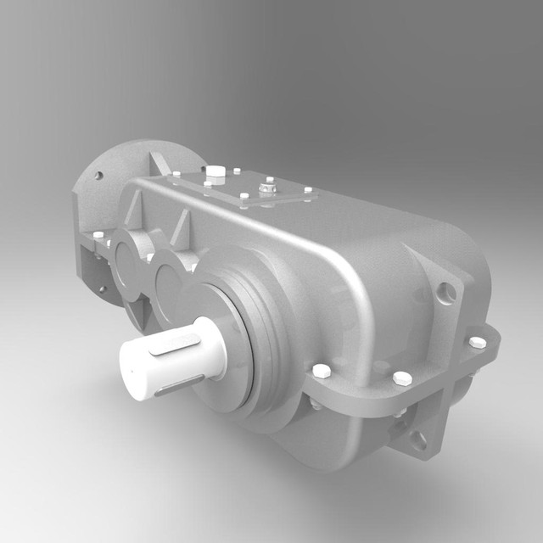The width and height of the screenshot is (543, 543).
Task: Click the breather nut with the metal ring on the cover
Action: pyautogui.click(x=269, y=186)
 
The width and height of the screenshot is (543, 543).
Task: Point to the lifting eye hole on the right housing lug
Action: pyautogui.click(x=447, y=293)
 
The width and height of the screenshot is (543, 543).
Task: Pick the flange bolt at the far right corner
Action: pyautogui.click(x=478, y=342)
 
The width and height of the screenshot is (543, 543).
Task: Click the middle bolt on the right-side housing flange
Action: pyautogui.click(x=403, y=378)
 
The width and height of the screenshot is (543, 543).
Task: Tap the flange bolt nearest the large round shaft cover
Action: pyautogui.click(x=321, y=372)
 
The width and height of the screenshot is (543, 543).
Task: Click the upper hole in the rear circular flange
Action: pyautogui.click(x=98, y=176)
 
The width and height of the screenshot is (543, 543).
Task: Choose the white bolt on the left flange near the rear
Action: pyautogui.click(x=98, y=234)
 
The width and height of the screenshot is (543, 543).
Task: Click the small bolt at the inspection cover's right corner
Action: pyautogui.click(x=308, y=190)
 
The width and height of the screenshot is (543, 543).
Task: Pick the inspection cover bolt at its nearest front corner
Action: pyautogui.click(x=244, y=197)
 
